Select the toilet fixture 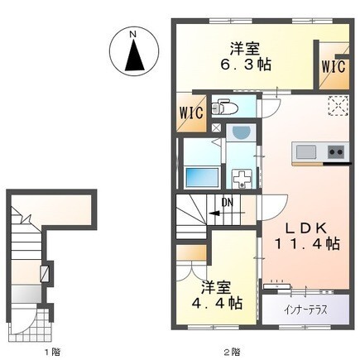click(x=226, y=108)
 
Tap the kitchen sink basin click(x=305, y=151)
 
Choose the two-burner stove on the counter click(x=335, y=151)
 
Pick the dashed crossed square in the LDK click(x=336, y=104)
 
